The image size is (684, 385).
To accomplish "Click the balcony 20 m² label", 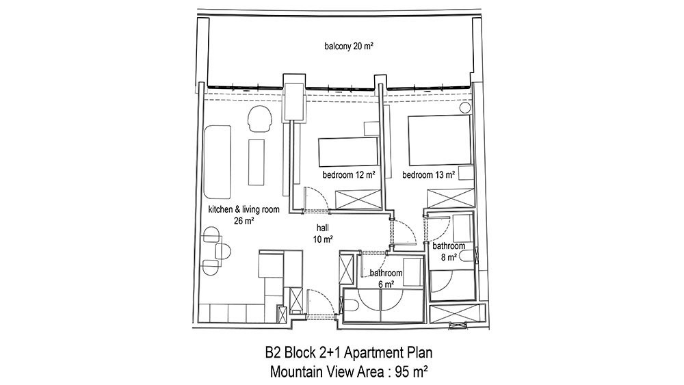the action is pyautogui.click(x=349, y=46).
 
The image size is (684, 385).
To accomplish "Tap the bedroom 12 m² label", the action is pyautogui.click(x=349, y=175).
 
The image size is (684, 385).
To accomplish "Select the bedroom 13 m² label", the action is pyautogui.click(x=429, y=175).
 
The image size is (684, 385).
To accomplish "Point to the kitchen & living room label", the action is pyautogui.click(x=244, y=209).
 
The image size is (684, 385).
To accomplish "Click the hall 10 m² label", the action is pyautogui.click(x=323, y=233).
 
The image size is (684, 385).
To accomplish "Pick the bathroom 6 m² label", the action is pyautogui.click(x=386, y=278).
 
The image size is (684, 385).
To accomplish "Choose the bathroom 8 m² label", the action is pyautogui.click(x=449, y=252).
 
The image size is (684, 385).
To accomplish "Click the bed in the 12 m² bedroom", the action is pyautogui.click(x=349, y=152).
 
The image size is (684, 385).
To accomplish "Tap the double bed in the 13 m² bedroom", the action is pyautogui.click(x=440, y=140).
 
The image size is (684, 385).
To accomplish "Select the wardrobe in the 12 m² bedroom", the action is pyautogui.click(x=358, y=200).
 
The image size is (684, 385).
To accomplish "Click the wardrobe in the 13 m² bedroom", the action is pyautogui.click(x=451, y=199).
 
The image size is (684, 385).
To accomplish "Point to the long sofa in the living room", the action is pyautogui.click(x=217, y=162).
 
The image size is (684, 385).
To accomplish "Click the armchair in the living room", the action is pyautogui.click(x=259, y=118).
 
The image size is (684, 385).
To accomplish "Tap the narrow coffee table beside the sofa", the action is pyautogui.click(x=256, y=162).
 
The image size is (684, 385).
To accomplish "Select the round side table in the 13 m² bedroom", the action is pyautogui.click(x=465, y=107).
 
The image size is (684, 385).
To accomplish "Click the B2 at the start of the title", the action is pyautogui.click(x=273, y=352).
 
